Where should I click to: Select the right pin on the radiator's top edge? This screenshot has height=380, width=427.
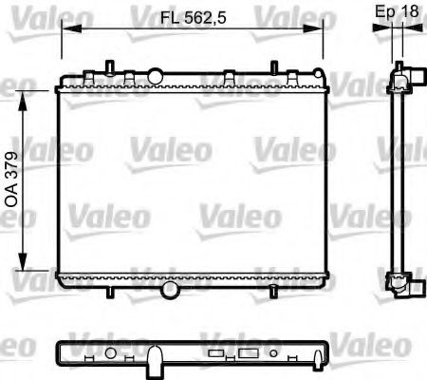click(x=274, y=67)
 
